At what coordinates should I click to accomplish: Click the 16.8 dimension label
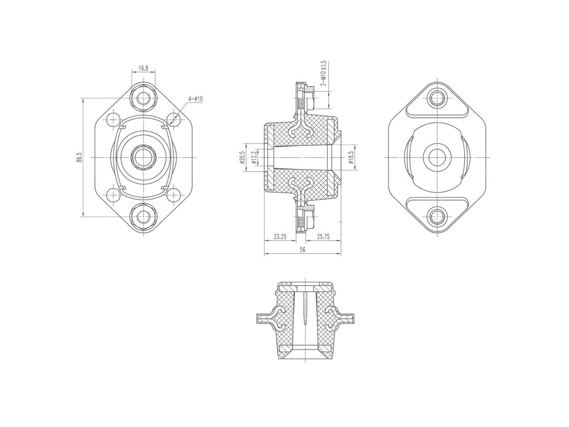click(143, 68)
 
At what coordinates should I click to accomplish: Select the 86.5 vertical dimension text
click(79, 157)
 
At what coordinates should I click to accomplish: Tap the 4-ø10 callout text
click(195, 99)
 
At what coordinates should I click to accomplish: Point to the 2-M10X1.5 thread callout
click(324, 74)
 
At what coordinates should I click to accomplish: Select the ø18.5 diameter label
click(351, 157)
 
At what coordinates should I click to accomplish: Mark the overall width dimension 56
click(303, 250)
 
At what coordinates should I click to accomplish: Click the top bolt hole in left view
click(143, 98)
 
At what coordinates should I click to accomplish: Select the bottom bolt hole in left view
click(143, 217)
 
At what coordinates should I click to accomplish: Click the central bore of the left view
click(143, 157)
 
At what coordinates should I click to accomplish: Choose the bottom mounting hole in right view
click(438, 217)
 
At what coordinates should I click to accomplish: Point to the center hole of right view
click(438, 157)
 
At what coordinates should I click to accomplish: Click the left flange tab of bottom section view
click(264, 318)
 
